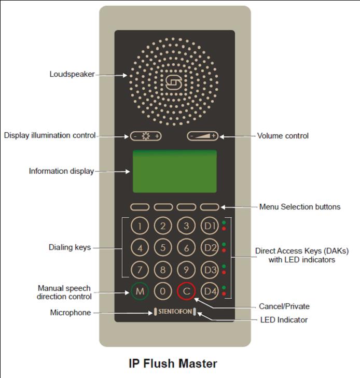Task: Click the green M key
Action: [140, 291]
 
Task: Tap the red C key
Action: [186, 291]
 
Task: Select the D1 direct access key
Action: [209, 226]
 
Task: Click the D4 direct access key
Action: [209, 291]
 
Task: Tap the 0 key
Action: [163, 291]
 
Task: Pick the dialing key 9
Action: [186, 270]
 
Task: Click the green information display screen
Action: [174, 171]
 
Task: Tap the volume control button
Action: [203, 136]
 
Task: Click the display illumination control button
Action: [146, 136]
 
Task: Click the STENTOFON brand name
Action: [174, 313]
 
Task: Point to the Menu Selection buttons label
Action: [300, 207]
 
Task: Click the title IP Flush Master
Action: [173, 363]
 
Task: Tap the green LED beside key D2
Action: [224, 244]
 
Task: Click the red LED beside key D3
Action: [224, 272]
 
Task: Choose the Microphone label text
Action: [71, 313]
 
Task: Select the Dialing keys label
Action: [70, 248]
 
